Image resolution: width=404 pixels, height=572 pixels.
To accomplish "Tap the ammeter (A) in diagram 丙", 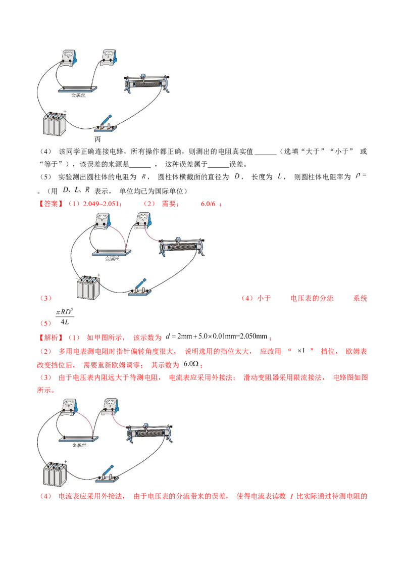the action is [x=109, y=58].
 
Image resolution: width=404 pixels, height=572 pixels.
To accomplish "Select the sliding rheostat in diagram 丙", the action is [x=147, y=84].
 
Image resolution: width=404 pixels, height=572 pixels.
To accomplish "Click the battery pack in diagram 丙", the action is [x=55, y=124].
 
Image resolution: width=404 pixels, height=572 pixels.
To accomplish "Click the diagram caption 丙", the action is [x=97, y=140].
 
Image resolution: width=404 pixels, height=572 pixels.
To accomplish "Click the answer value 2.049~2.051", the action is [x=101, y=204].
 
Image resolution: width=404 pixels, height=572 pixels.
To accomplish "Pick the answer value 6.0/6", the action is [x=208, y=204].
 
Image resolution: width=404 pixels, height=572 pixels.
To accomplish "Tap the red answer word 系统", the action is [x=360, y=299].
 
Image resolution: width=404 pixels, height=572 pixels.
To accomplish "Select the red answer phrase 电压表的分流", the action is [x=312, y=299].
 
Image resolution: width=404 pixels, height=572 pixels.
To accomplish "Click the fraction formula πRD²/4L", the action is [x=65, y=317].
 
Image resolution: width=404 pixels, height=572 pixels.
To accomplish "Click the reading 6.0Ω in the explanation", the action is [x=191, y=364].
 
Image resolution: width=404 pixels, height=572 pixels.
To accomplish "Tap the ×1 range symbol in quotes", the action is [x=301, y=351].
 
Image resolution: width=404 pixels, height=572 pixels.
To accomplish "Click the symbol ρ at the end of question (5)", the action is [x=358, y=176].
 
